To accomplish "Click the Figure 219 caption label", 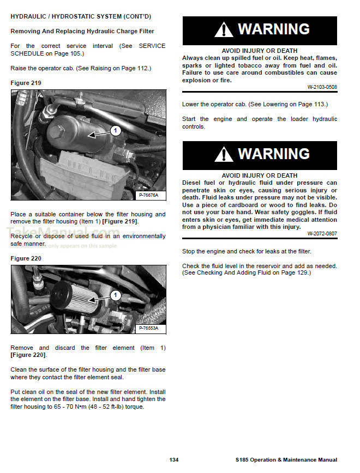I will click(26, 83).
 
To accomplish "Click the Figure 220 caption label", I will click(26, 258).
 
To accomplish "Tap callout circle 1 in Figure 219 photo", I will click(116, 130).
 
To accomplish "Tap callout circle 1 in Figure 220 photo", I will click(115, 295).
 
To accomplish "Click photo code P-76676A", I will click(148, 195).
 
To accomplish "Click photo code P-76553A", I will click(148, 328).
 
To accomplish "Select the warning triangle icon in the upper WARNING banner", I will click(224, 31).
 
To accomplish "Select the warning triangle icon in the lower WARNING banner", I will click(224, 155).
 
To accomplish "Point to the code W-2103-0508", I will click(322, 87).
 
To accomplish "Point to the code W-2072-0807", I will click(322, 234).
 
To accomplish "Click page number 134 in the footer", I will click(174, 460).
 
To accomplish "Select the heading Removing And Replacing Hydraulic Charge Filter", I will click(82, 32).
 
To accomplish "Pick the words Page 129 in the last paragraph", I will click(293, 272).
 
